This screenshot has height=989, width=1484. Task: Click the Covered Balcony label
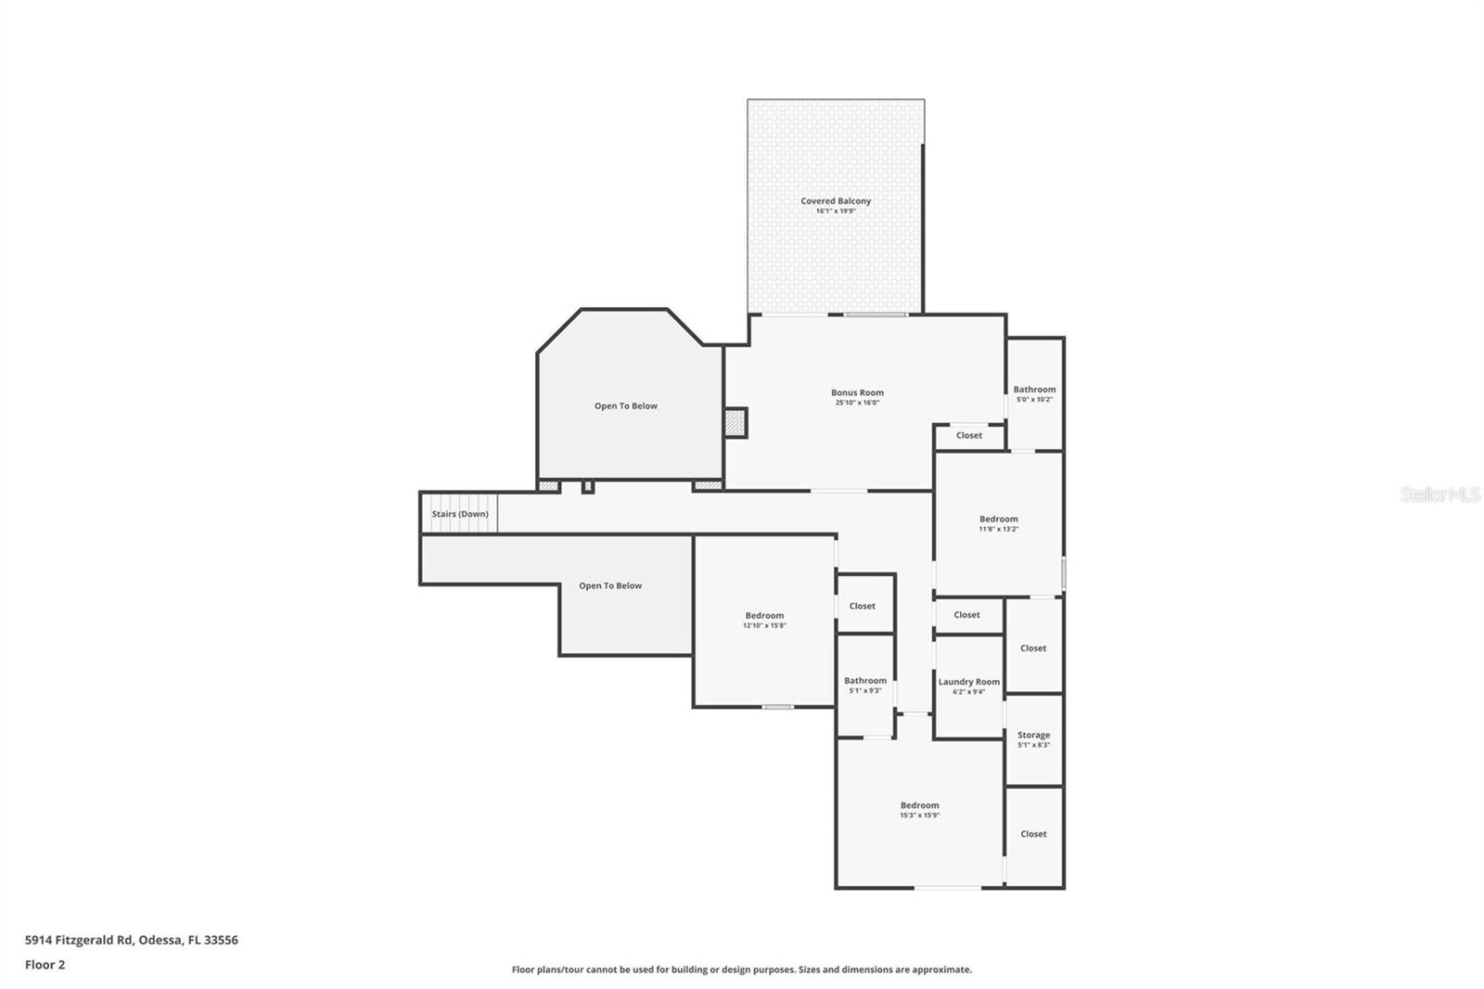pos(836,200)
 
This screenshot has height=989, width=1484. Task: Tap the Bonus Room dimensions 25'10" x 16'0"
pos(856,403)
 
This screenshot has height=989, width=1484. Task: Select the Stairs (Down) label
pos(460,514)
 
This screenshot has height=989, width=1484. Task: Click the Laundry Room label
pos(968,682)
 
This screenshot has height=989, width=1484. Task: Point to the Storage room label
pos(1033,735)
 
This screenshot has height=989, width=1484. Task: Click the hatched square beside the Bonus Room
pos(736,423)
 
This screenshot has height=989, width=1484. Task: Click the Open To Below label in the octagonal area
pos(626,406)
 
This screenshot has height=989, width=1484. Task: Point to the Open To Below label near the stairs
pos(610,585)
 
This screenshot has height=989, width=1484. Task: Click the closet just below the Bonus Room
pos(969,435)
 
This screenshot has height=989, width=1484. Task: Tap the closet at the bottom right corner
pos(1033,834)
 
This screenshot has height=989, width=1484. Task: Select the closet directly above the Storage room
pos(1033,649)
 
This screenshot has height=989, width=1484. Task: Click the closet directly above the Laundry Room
pos(966,615)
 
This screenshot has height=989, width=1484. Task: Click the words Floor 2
pos(45,965)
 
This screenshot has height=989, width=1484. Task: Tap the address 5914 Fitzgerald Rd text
pos(132,940)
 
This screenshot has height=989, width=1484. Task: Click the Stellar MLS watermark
pos(1439,495)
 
